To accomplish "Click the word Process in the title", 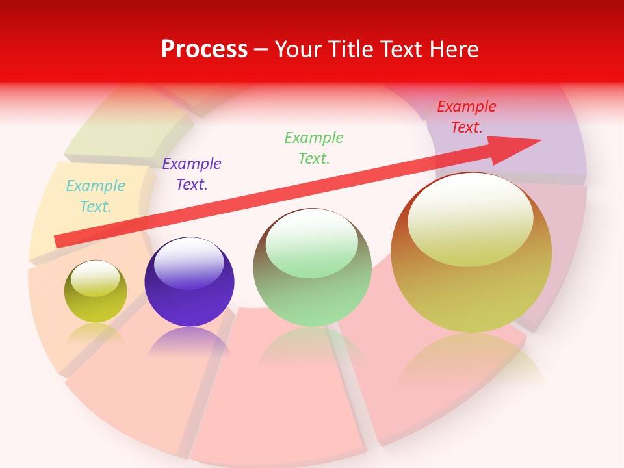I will (x=204, y=49).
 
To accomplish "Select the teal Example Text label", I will (x=96, y=196).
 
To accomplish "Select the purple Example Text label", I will (x=192, y=174).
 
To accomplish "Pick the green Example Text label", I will (x=314, y=148).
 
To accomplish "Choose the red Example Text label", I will (x=467, y=117).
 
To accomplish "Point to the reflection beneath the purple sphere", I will (x=189, y=341).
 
